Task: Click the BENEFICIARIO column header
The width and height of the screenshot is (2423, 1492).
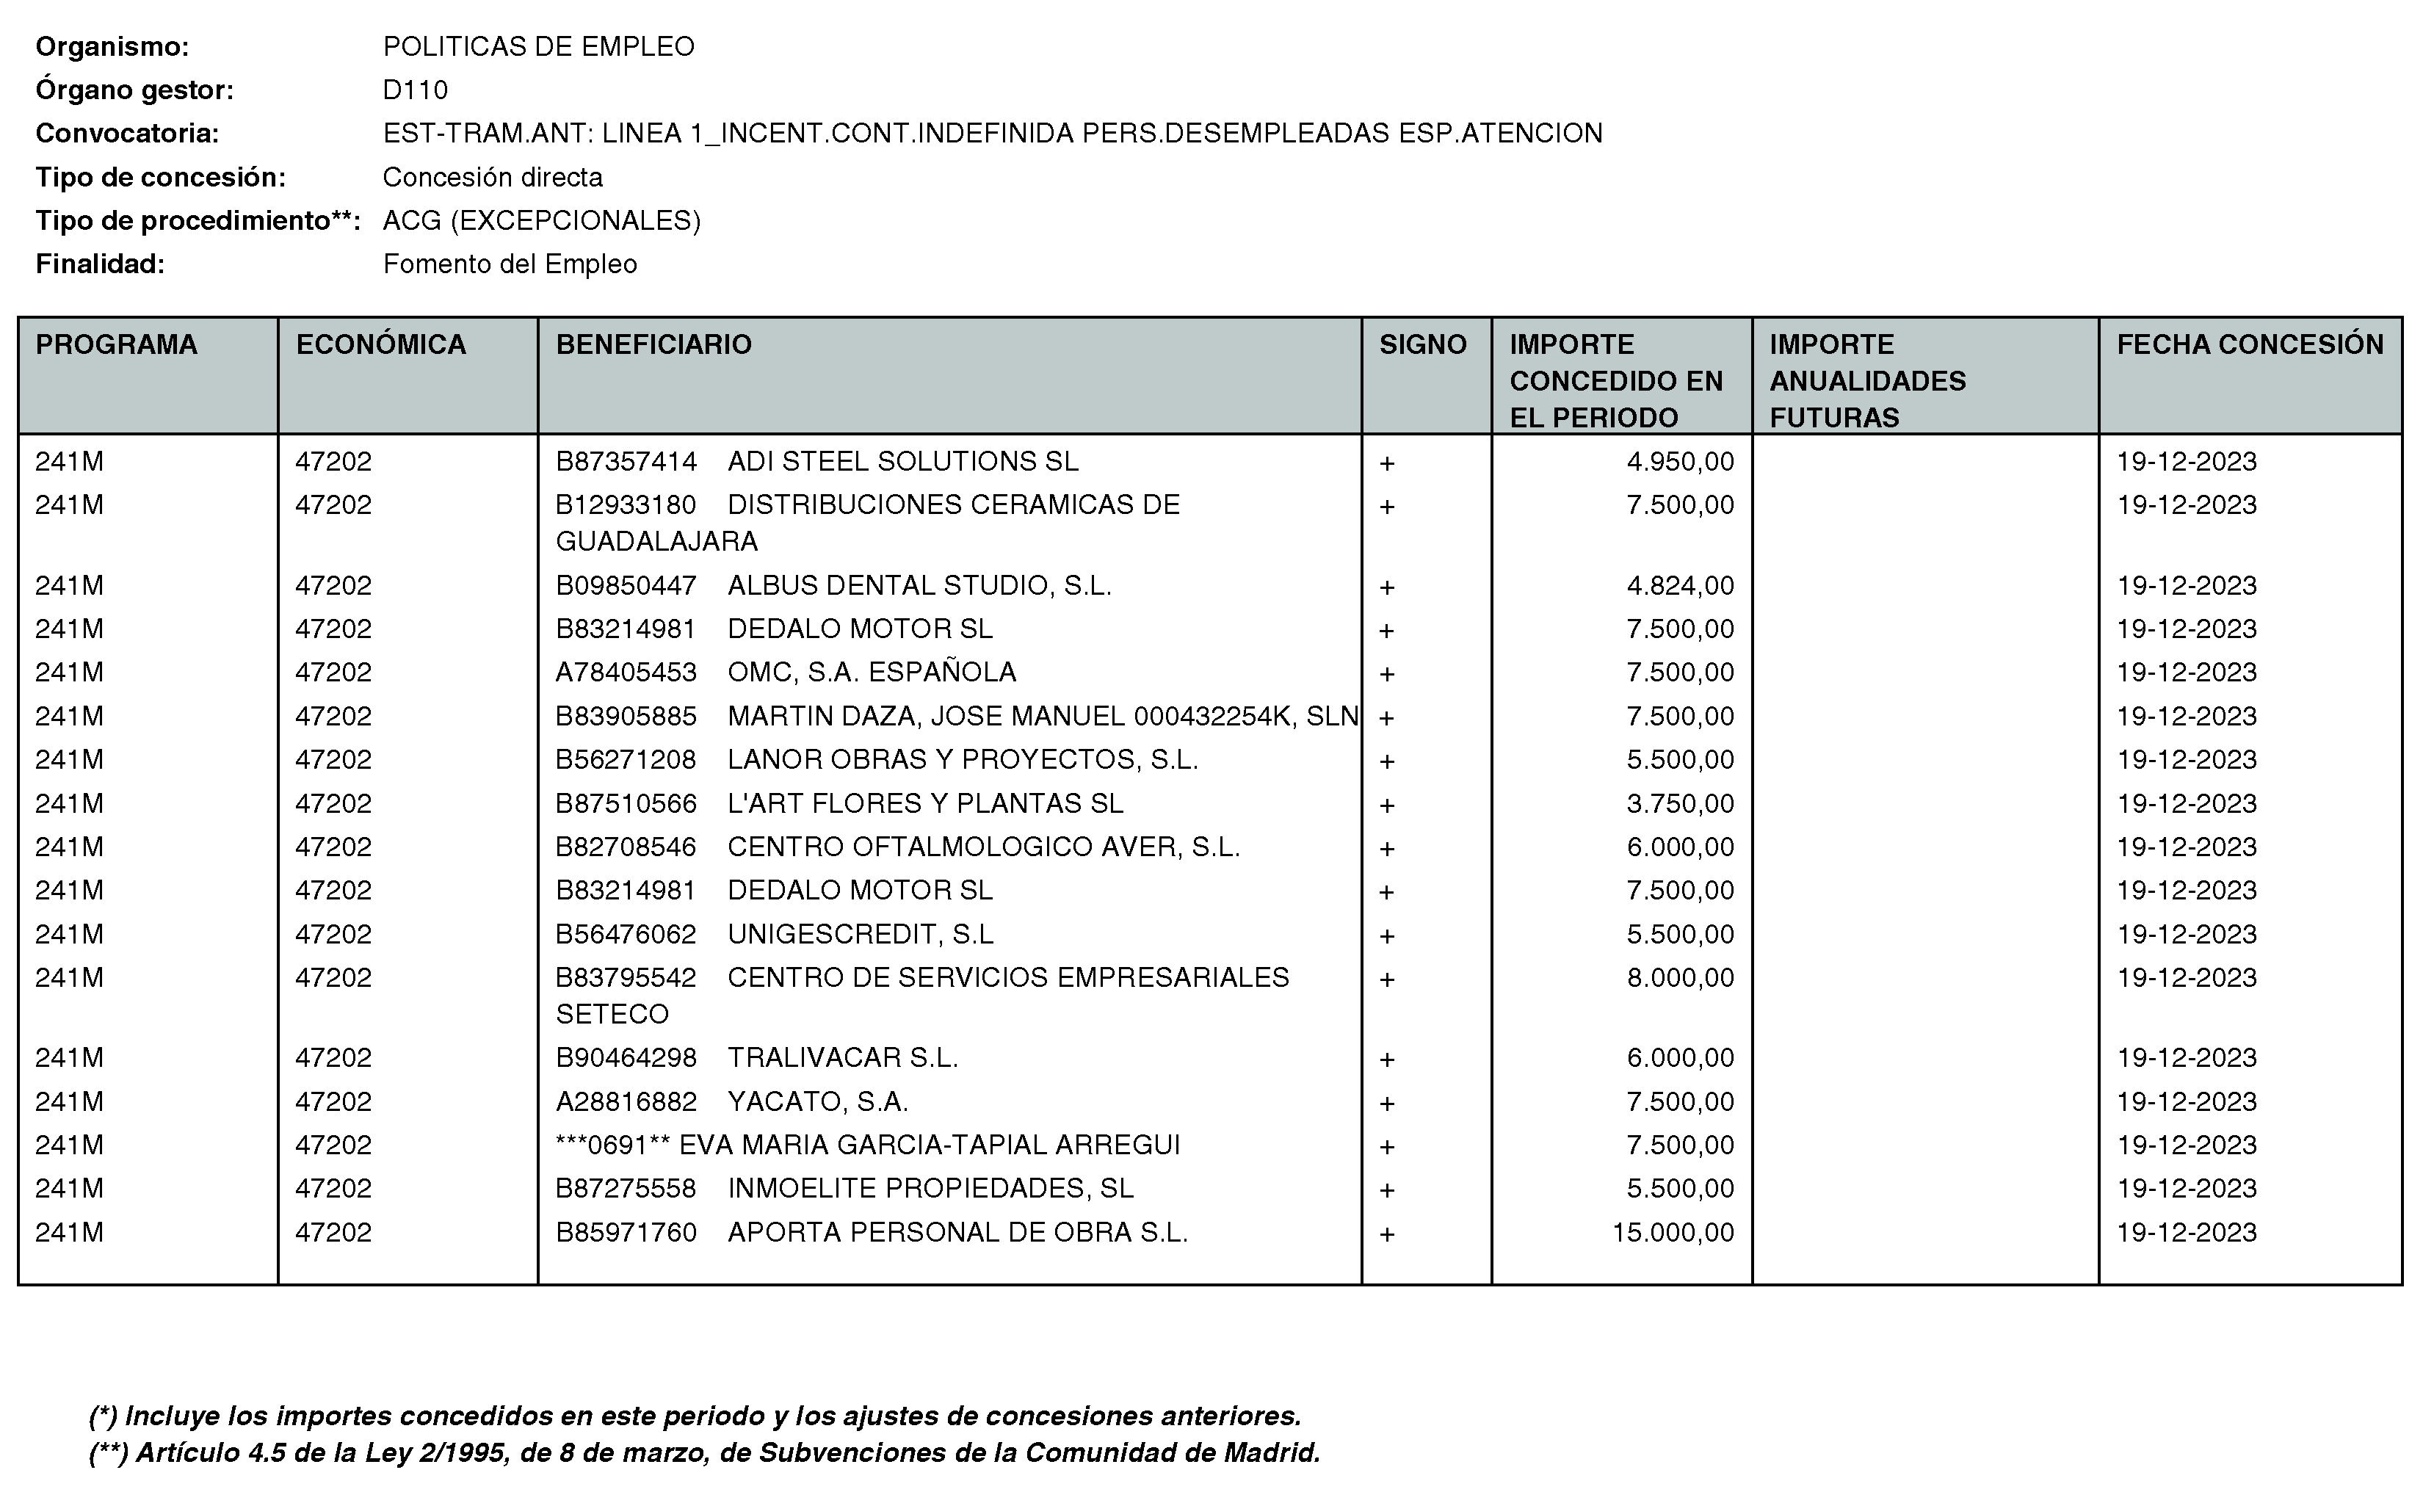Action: (x=653, y=344)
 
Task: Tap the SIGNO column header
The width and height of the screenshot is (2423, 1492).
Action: (x=1423, y=344)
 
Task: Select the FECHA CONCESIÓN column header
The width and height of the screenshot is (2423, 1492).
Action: (x=2250, y=344)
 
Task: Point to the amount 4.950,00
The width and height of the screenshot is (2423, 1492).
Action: (x=1679, y=462)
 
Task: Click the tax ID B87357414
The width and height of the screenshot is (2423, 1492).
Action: (x=626, y=462)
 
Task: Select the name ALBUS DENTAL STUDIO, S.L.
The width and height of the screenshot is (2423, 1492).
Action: (x=919, y=586)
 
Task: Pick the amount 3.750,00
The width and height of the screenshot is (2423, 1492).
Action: (x=1679, y=804)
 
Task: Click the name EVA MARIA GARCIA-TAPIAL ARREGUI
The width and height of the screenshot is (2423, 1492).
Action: (x=930, y=1145)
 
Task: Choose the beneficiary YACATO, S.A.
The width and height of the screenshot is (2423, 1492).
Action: (x=817, y=1102)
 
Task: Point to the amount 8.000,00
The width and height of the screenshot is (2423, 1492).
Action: (x=1679, y=978)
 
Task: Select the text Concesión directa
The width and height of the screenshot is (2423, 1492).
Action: (x=492, y=178)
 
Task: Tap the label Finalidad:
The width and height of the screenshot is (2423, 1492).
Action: (x=100, y=264)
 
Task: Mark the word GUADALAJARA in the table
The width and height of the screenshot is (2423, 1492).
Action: (x=656, y=542)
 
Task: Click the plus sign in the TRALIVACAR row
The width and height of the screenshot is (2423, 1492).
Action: (x=1386, y=1060)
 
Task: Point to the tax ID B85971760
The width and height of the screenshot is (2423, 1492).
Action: (x=626, y=1233)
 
